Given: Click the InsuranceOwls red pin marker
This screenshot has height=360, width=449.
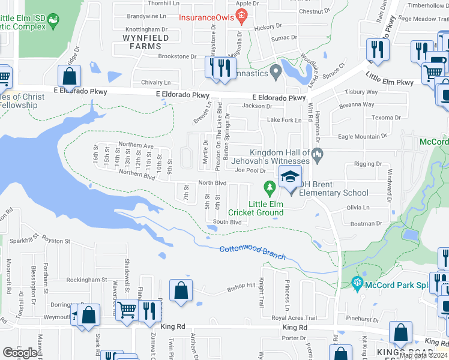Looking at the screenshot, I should click(241, 16).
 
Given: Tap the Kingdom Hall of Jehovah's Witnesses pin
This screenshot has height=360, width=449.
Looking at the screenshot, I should click(318, 155).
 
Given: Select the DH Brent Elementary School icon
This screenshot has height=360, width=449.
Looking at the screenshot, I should click(290, 178).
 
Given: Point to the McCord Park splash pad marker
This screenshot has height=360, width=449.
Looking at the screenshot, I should click(358, 282).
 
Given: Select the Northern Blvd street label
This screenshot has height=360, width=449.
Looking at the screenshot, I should click(137, 175).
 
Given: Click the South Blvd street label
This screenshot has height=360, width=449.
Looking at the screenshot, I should click(227, 222).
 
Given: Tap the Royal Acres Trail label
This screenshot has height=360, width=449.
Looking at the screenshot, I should click(294, 318).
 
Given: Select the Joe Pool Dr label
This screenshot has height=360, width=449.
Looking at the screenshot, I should click(250, 170).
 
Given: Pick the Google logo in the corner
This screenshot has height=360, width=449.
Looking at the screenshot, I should click(20, 353).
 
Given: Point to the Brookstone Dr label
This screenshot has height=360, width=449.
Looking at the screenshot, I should click(177, 56).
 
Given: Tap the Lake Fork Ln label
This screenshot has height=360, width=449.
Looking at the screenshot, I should click(284, 121).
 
